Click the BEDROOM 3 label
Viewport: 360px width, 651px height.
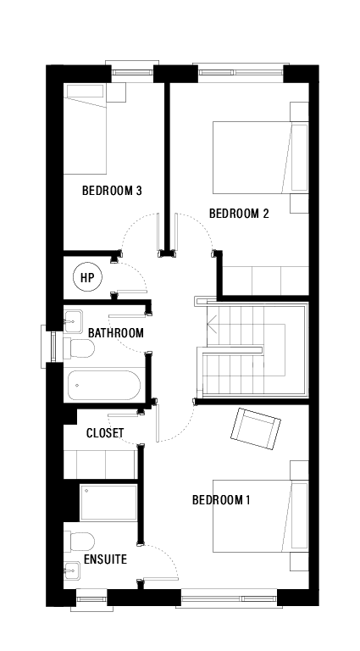[x=111, y=191]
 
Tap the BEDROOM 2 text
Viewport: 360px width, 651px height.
[x=239, y=213]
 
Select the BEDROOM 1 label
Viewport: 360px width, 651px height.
[x=221, y=500]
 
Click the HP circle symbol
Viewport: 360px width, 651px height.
[x=86, y=277]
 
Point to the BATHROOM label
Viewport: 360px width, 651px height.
[x=115, y=333]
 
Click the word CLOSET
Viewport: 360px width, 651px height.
[x=105, y=433]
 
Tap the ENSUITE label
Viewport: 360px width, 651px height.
[x=105, y=560]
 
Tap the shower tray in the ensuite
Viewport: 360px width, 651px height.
[x=108, y=502]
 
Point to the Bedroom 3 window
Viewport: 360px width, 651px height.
[x=131, y=67]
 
